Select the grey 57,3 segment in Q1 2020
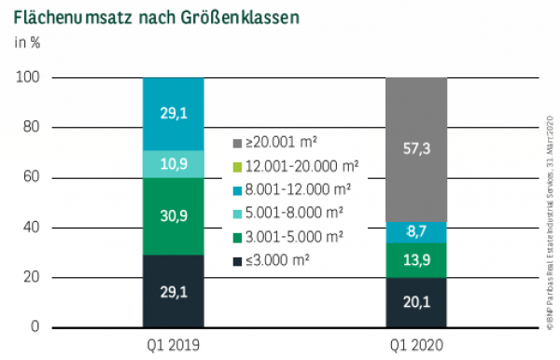tap(416, 149)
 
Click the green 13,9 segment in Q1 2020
tap(416, 260)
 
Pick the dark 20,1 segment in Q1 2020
tap(416, 302)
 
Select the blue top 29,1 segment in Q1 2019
tap(173, 114)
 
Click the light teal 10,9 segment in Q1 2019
tap(173, 163)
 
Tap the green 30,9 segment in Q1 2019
tap(173, 215)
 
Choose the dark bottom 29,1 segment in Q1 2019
tap(173, 291)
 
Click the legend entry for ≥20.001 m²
tap(275, 143)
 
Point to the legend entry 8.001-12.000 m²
tap(287, 190)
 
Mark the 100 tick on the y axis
tap(28, 77)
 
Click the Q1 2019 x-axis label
tap(173, 344)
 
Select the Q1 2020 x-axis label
tap(416, 344)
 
